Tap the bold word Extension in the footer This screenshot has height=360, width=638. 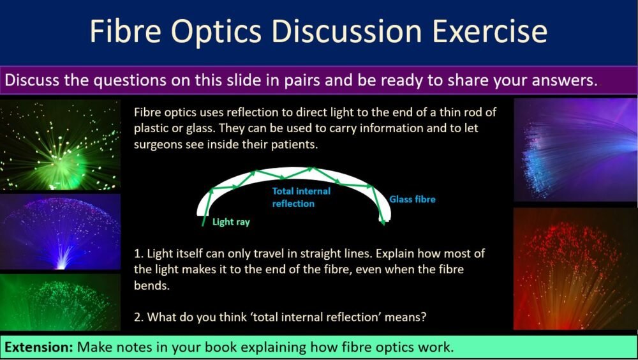click(x=39, y=347)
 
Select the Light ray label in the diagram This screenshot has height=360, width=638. click(x=231, y=222)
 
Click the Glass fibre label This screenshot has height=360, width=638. click(x=412, y=199)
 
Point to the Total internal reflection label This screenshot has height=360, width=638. click(x=301, y=197)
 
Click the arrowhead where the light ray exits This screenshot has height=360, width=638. click(x=382, y=221)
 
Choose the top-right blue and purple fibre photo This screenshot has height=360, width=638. click(x=575, y=150)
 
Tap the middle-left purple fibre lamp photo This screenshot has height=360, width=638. click(x=61, y=232)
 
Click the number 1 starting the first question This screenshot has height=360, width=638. click(x=137, y=253)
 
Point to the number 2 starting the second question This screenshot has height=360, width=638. click(x=138, y=317)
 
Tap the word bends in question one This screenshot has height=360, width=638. click(x=150, y=285)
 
